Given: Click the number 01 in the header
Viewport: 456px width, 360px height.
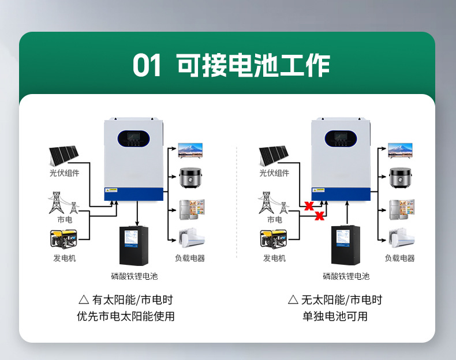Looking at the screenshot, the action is pos(147,66).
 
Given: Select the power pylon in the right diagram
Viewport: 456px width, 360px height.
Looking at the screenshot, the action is pos(266,202).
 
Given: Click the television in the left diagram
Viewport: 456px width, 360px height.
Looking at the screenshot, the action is pos(190,151).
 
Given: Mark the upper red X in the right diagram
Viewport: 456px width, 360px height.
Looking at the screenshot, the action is pos(309,205).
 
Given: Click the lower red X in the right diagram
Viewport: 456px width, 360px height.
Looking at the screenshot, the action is pos(319,216).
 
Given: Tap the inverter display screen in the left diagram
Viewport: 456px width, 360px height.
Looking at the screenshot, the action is pos(133,139).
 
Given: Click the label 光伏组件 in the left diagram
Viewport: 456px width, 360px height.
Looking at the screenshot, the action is pos(64,173).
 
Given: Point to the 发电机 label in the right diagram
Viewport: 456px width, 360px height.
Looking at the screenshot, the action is pos(274,258).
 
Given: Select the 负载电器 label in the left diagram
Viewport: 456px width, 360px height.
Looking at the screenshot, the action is pos(190,258).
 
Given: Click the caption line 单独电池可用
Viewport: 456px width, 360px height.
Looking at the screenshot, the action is pos(335,317).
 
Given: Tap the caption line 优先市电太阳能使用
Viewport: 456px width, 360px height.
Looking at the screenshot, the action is pos(125,317).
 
